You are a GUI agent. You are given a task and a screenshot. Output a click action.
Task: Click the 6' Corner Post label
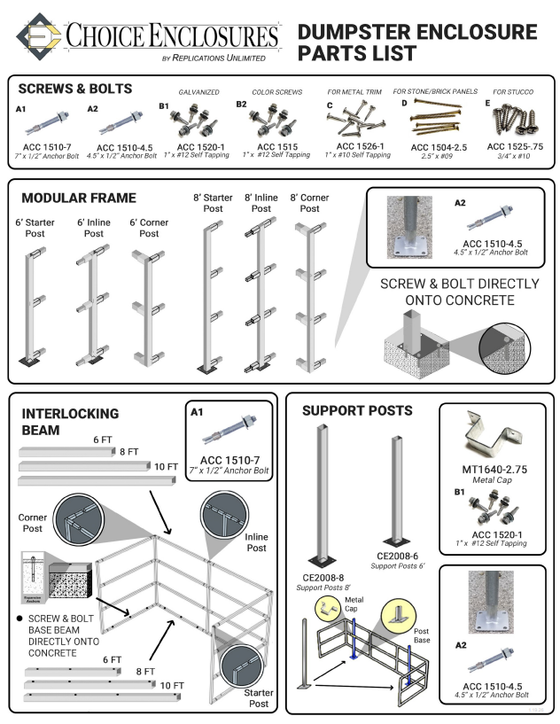tap(149, 228)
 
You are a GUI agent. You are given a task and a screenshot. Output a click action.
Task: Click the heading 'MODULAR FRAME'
tap(78, 197)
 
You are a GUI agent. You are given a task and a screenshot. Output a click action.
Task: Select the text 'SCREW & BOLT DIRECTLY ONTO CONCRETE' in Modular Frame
tap(459, 292)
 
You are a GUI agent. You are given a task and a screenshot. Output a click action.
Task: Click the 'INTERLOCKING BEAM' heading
tap(68, 422)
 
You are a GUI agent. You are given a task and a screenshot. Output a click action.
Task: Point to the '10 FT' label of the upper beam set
tap(165, 466)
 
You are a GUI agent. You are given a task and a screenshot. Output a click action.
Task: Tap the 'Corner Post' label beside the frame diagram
tap(33, 523)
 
